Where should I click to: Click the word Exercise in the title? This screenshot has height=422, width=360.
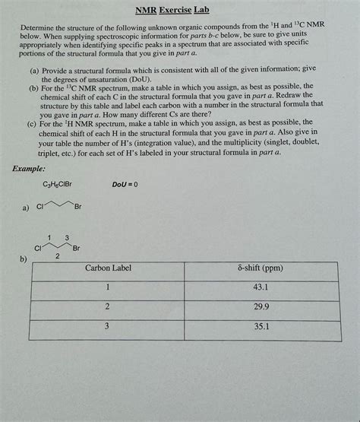pos(174,11)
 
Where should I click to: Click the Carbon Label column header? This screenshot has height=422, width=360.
pos(108,269)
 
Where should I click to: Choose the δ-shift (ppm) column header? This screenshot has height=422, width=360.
pos(259,269)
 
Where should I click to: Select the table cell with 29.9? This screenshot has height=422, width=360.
pos(259,307)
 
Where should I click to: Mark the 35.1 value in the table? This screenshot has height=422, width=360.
pos(259,326)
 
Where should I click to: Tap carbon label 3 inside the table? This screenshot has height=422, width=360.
pos(108,326)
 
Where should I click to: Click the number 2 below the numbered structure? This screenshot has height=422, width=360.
pos(56,257)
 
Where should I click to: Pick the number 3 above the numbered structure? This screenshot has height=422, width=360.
pos(67,238)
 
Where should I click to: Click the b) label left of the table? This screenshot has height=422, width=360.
pos(24,259)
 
